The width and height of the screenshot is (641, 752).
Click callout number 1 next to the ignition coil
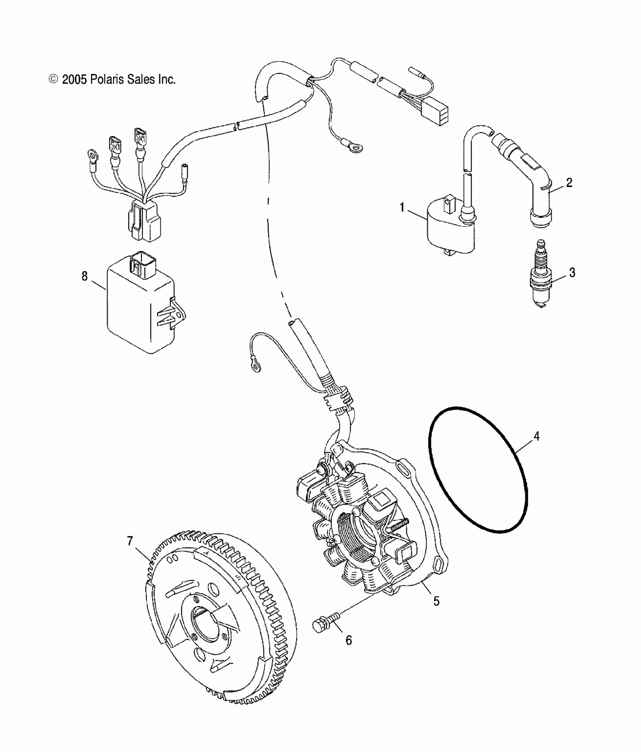tap(402, 207)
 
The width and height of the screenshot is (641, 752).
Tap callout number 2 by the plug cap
tap(569, 183)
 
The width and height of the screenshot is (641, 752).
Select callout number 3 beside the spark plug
tap(572, 272)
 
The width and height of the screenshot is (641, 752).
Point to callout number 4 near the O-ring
tap(536, 436)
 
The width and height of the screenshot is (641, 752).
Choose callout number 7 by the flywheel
tap(130, 541)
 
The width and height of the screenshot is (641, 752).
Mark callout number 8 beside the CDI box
tap(84, 276)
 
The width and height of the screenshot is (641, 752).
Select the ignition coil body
tap(449, 230)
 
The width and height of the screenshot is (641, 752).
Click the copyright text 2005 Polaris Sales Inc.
tap(112, 80)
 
